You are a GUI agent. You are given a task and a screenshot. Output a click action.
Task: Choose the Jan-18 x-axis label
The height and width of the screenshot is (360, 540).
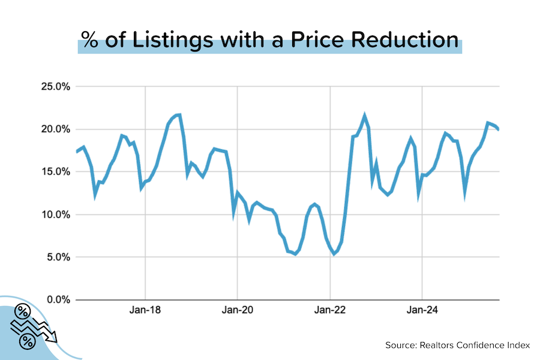pos(145,311)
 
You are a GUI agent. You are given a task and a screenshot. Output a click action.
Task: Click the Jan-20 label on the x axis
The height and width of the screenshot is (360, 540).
pos(238,311)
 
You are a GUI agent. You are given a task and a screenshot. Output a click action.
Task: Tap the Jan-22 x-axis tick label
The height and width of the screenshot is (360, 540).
pos(330,311)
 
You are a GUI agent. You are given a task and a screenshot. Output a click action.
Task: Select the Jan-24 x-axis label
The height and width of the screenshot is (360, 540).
pos(422,311)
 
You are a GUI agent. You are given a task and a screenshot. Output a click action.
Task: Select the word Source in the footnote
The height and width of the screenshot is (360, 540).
pos(402,345)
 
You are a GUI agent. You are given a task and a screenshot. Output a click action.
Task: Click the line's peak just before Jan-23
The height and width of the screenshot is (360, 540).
pos(364,115)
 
